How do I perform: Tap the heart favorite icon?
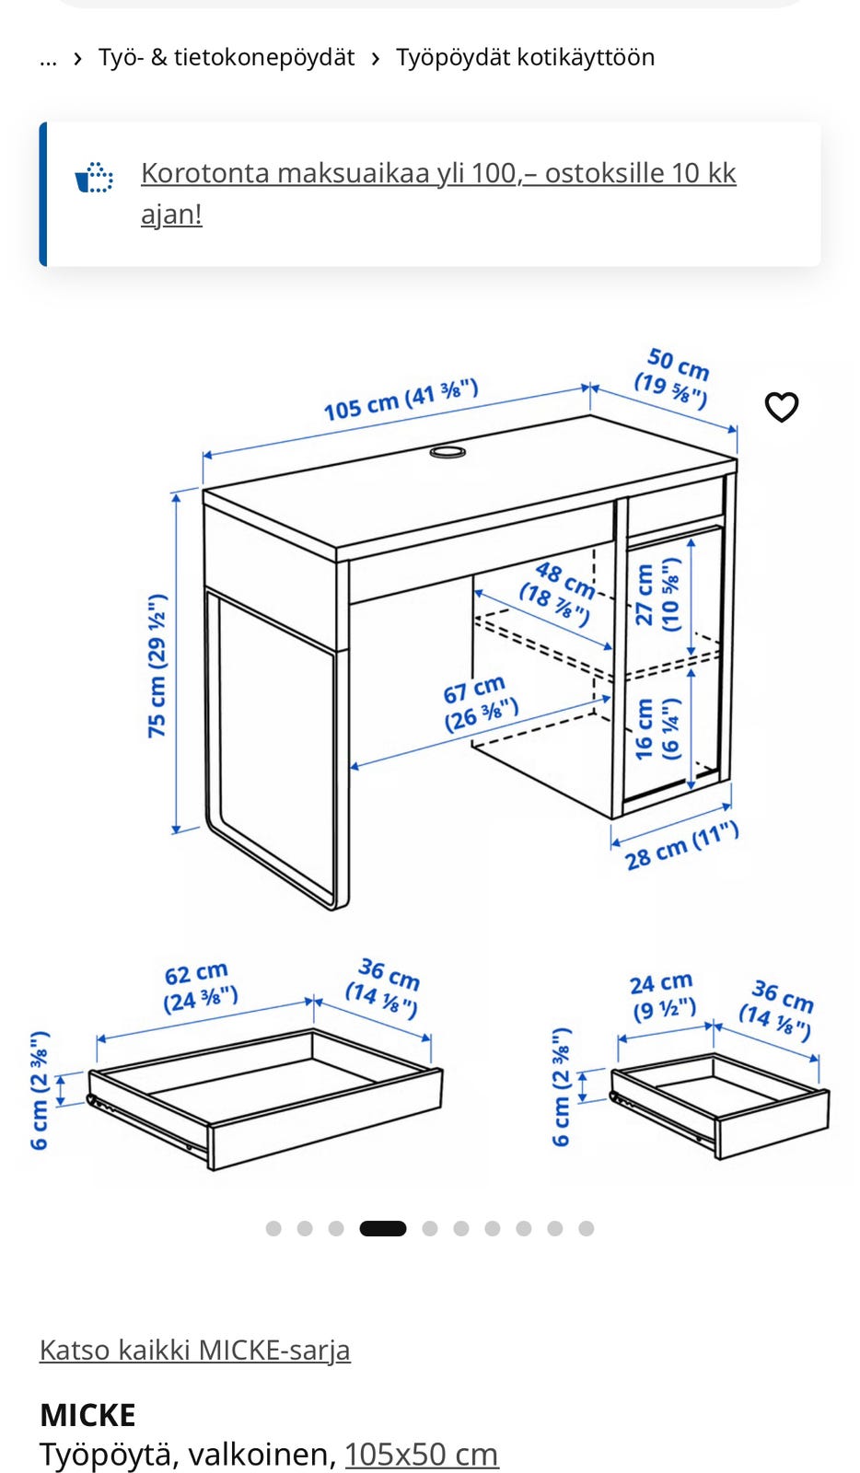click(781, 406)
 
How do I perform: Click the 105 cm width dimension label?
click(401, 400)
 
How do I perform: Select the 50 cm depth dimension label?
click(673, 378)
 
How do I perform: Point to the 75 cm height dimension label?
click(157, 666)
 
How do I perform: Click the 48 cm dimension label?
click(558, 593)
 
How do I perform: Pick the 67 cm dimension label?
click(479, 703)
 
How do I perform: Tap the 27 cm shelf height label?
click(657, 595)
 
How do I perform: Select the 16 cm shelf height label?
click(657, 728)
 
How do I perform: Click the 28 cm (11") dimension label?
click(681, 846)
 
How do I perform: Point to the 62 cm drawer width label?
click(200, 987)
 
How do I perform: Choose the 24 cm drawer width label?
click(663, 997)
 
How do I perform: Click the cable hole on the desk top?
click(447, 452)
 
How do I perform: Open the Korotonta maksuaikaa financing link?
click(438, 193)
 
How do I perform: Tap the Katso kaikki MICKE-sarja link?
click(194, 1350)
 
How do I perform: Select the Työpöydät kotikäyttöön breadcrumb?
click(526, 57)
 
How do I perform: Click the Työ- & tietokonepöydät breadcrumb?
click(227, 57)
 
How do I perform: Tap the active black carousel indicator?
click(383, 1228)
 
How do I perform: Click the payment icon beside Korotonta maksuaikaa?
click(93, 177)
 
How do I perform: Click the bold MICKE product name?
click(88, 1415)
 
